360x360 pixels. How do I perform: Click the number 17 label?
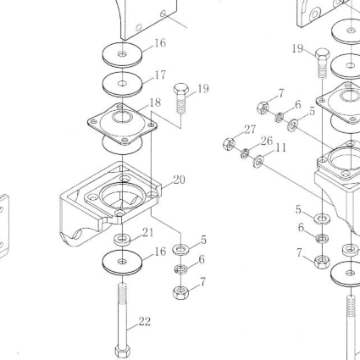coord(160,75)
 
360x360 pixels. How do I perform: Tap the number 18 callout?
coord(155,102)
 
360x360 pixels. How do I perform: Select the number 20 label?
coord(180,180)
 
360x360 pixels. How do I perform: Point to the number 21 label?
coord(148,233)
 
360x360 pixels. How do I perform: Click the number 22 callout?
coord(144,322)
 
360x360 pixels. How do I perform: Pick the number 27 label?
coord(250,130)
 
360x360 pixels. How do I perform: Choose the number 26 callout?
coord(267,141)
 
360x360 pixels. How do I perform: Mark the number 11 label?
coord(280,147)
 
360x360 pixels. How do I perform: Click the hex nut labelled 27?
coord(229,144)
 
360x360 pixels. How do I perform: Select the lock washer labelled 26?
coord(245,153)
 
